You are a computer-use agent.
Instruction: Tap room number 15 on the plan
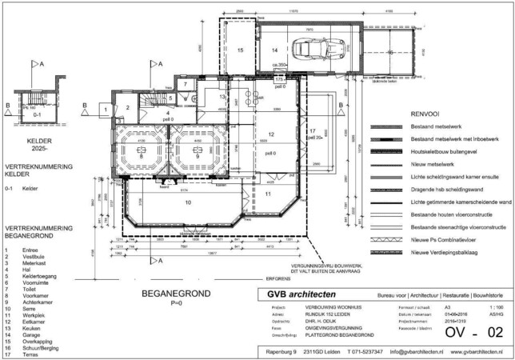(239, 50)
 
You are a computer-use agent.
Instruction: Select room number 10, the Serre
(189, 203)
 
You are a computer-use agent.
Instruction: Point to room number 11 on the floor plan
(269, 194)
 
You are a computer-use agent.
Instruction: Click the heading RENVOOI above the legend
(424, 115)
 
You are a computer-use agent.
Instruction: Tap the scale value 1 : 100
(495, 306)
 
